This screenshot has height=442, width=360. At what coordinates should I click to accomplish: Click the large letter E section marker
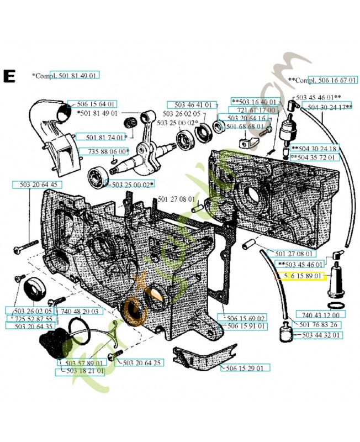(x=9, y=76)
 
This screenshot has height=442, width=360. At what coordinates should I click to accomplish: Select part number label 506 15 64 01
(x=96, y=104)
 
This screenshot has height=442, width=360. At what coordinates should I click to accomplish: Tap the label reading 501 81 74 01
(x=99, y=136)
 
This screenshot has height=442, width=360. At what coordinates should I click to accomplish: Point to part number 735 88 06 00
(x=104, y=151)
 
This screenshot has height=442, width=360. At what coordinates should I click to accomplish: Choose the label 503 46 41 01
(x=193, y=105)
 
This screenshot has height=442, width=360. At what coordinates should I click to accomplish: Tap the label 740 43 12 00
(x=321, y=314)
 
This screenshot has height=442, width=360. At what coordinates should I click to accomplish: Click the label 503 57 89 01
(x=82, y=363)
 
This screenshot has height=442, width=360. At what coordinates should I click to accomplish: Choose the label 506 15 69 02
(x=242, y=318)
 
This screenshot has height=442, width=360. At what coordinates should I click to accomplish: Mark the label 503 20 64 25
(x=141, y=363)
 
